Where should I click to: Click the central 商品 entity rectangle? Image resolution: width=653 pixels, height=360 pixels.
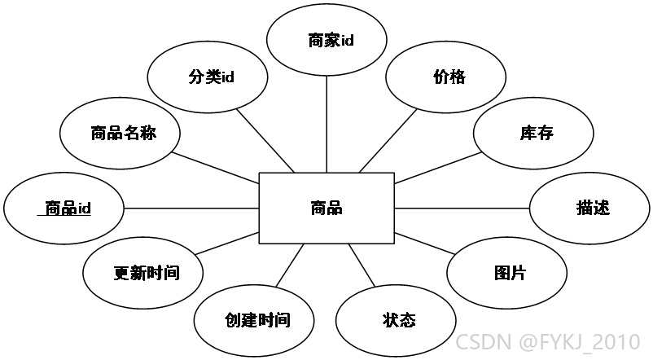pos(326,208)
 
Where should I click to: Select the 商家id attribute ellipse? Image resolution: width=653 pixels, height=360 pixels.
pos(326,40)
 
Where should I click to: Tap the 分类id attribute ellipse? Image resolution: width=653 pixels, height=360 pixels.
pos(208,77)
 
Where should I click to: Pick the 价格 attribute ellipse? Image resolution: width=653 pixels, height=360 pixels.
pos(446,77)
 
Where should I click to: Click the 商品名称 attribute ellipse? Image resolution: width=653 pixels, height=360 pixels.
pos(120,134)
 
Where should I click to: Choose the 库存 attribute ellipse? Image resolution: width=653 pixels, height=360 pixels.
pos(533,134)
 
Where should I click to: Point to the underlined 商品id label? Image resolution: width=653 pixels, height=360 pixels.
pos(64,208)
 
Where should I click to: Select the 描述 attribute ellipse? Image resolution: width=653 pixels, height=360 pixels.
pos(589,209)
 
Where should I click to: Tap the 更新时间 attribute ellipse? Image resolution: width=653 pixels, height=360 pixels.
pos(142,273)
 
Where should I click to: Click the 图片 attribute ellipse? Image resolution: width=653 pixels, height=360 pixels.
pos(506,273)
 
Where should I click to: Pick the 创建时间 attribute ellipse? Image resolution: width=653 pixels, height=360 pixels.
pos(254,320)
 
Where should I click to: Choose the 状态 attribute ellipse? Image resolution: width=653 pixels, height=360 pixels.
pos(396,320)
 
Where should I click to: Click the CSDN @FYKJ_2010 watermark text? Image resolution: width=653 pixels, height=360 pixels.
pos(548,341)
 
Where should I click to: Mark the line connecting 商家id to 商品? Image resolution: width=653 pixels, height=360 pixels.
pos(326,125)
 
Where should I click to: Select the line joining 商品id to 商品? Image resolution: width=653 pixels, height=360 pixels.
pos(191,209)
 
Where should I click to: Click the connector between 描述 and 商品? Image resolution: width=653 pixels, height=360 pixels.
pos(462,209)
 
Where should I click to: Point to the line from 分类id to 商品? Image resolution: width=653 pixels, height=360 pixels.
pos(265,140)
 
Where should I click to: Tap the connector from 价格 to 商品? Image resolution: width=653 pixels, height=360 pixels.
pos(388,140)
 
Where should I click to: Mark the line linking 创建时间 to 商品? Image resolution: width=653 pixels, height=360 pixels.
pos(289,266)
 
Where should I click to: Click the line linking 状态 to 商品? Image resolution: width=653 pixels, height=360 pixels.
pos(362,266)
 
